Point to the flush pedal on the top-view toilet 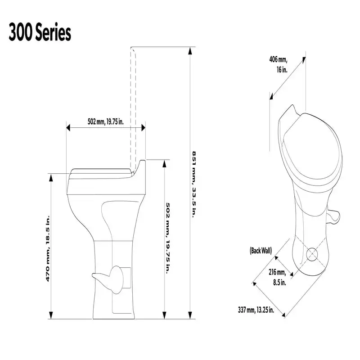click(333, 218)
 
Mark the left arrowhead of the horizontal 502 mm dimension click(68, 128)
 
